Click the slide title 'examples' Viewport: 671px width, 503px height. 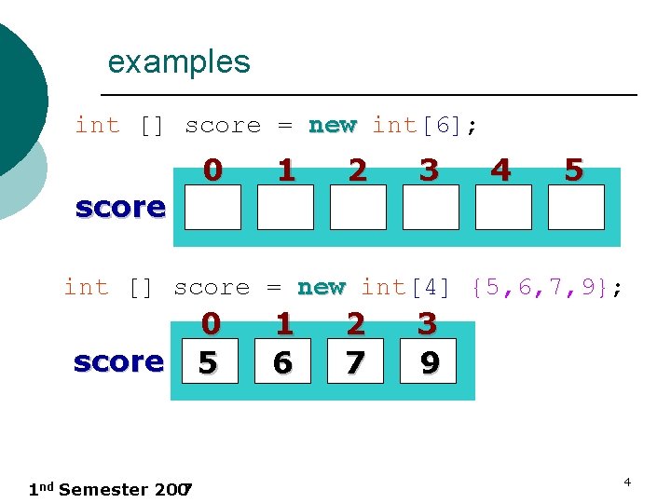[179, 62]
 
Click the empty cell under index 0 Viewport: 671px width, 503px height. [212, 207]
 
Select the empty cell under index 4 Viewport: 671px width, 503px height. [503, 207]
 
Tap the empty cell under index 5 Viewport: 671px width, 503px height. [576, 207]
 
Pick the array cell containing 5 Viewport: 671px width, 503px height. [211, 361]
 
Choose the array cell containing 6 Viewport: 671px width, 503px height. [283, 361]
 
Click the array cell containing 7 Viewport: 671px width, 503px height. [355, 361]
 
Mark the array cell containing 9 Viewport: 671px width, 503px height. [428, 361]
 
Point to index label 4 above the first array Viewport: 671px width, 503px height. [501, 170]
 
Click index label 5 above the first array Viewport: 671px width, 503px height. [574, 170]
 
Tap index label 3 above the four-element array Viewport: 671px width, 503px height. [427, 324]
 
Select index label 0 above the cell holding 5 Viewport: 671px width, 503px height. [212, 324]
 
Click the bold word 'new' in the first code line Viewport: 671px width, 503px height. [333, 125]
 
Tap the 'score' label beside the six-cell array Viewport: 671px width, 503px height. [120, 207]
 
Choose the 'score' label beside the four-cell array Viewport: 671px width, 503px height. [118, 361]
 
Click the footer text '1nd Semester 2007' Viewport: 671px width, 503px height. [110, 489]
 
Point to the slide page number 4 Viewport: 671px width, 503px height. [627, 482]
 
